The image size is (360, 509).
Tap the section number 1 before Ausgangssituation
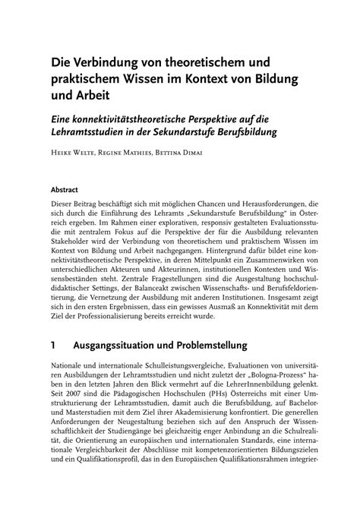54,345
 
